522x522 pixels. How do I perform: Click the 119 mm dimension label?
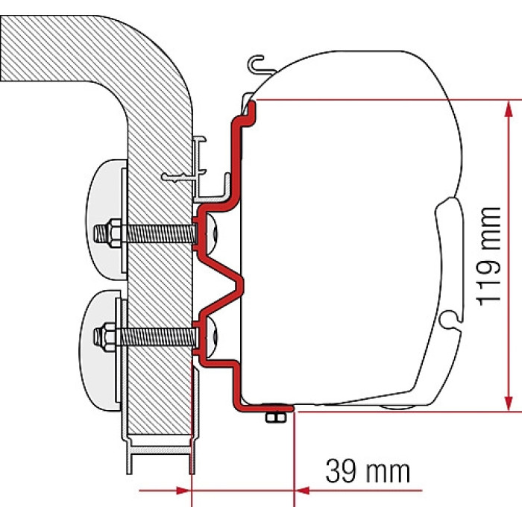(x=488, y=256)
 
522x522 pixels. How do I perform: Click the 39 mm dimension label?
(x=368, y=471)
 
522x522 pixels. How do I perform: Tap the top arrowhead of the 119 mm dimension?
(x=508, y=109)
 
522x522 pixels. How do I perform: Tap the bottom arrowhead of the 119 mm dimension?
(x=508, y=403)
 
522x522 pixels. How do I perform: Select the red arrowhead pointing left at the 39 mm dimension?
(x=302, y=491)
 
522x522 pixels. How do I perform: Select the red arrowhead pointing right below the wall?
(x=183, y=491)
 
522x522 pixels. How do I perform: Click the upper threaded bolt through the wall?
(x=145, y=233)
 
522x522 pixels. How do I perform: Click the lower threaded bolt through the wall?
(x=145, y=336)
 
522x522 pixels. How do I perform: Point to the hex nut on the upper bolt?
(x=113, y=233)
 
